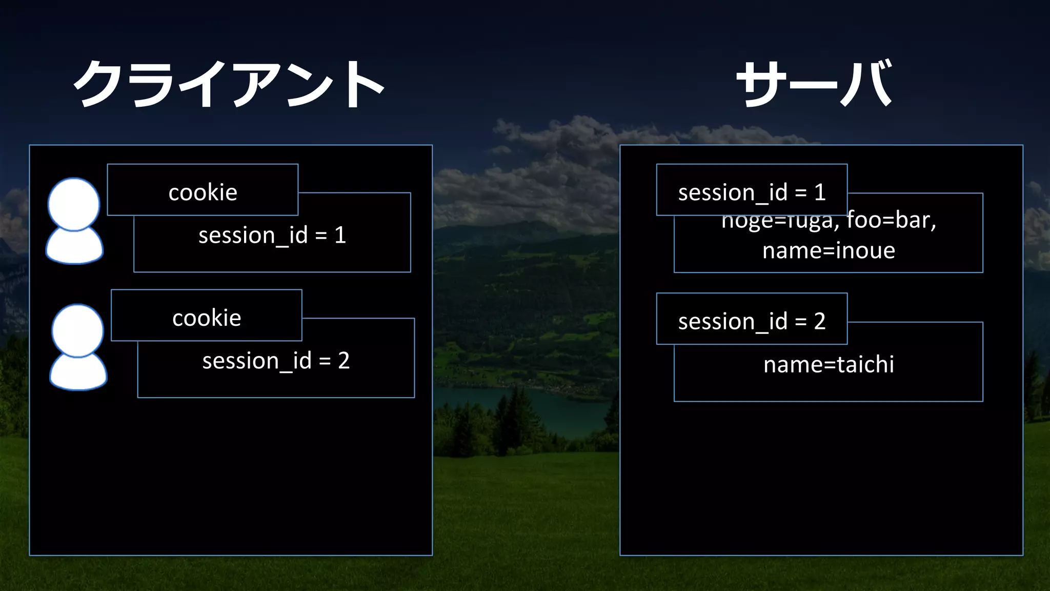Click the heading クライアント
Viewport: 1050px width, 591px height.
(229, 84)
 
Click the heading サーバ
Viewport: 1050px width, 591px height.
(815, 84)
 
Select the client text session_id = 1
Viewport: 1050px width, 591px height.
(272, 235)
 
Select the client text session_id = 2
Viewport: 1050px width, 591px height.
(276, 361)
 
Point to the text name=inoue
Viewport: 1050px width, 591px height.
(829, 251)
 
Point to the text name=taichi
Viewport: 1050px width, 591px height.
(829, 365)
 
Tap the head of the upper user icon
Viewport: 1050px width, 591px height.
(73, 204)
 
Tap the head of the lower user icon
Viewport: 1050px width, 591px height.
(77, 330)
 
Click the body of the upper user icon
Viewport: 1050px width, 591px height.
(74, 248)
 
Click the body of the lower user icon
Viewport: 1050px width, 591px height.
(78, 373)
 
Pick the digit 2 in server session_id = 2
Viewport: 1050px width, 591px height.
(819, 321)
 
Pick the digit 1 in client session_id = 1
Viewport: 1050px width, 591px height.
(340, 235)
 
